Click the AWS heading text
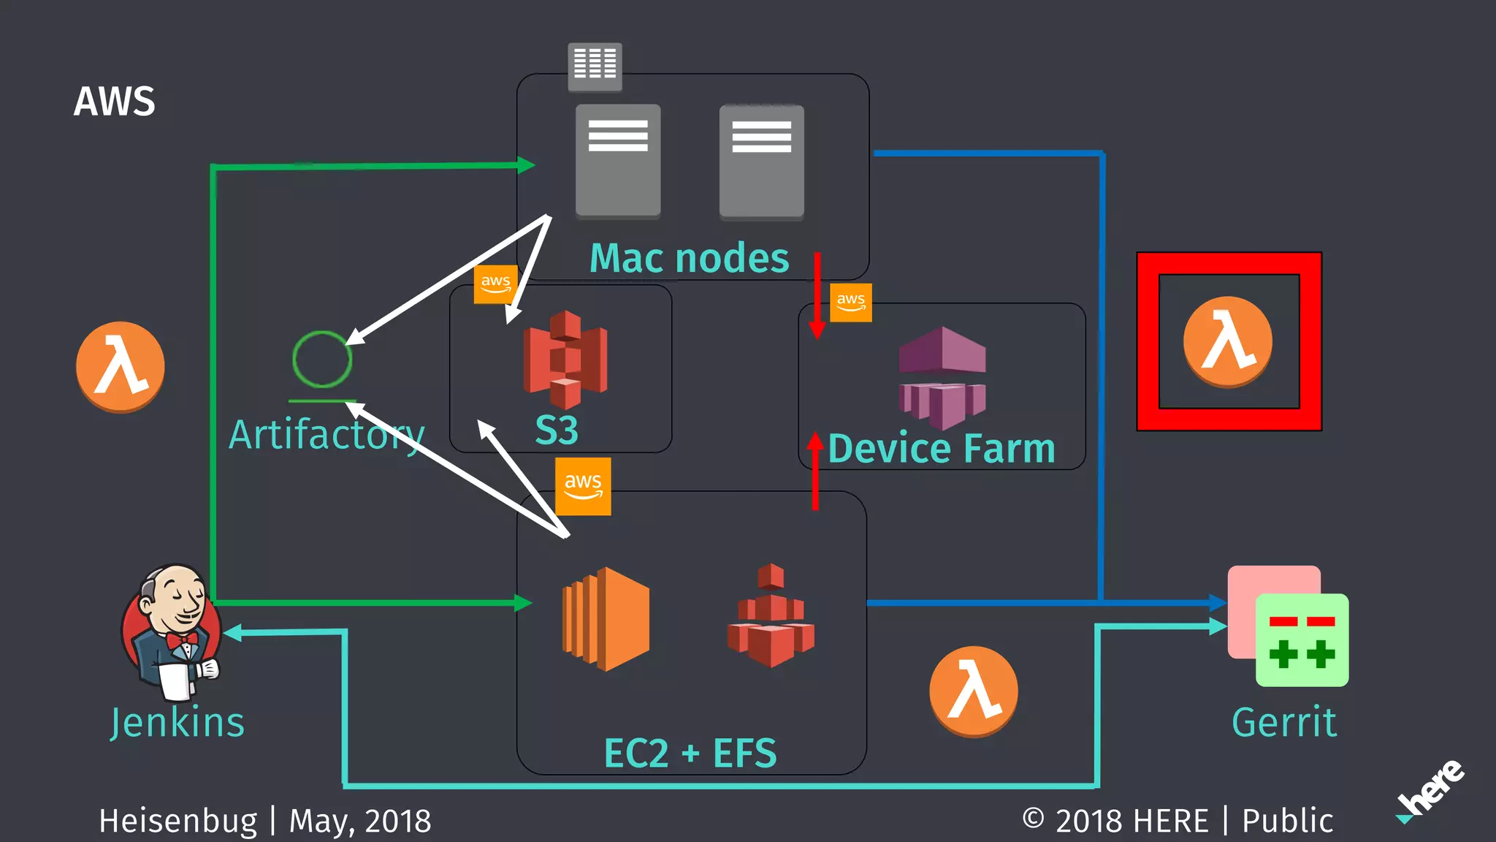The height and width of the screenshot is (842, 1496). click(114, 102)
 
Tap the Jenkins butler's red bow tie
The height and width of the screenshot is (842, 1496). click(182, 640)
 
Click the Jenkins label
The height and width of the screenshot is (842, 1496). click(178, 722)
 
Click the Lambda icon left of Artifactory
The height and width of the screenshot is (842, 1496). click(121, 366)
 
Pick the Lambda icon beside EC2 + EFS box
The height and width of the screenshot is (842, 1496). click(973, 691)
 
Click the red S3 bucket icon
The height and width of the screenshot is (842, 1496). click(565, 359)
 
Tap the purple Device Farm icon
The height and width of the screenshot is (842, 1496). click(942, 377)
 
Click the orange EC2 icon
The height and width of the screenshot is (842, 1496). click(606, 618)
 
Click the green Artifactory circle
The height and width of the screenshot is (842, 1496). click(322, 359)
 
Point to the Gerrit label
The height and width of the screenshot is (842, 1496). click(1283, 722)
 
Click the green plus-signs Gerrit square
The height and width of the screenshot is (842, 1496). click(1302, 640)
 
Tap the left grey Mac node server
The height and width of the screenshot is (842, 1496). click(618, 161)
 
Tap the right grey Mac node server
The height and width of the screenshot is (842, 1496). click(761, 161)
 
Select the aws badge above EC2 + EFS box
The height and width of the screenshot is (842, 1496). click(583, 486)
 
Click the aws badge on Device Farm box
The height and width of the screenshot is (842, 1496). click(851, 302)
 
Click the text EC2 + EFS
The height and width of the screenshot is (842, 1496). click(690, 753)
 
